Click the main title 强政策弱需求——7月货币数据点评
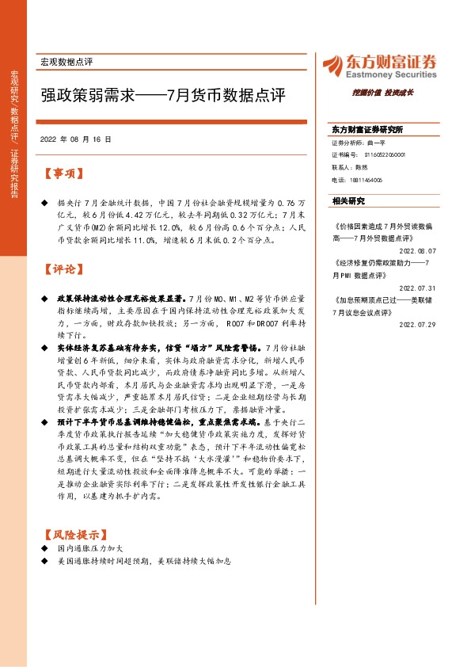[x=162, y=95]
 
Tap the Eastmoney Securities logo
[x=377, y=66]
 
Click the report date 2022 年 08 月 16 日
[x=75, y=139]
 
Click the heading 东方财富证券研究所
[x=367, y=129]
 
